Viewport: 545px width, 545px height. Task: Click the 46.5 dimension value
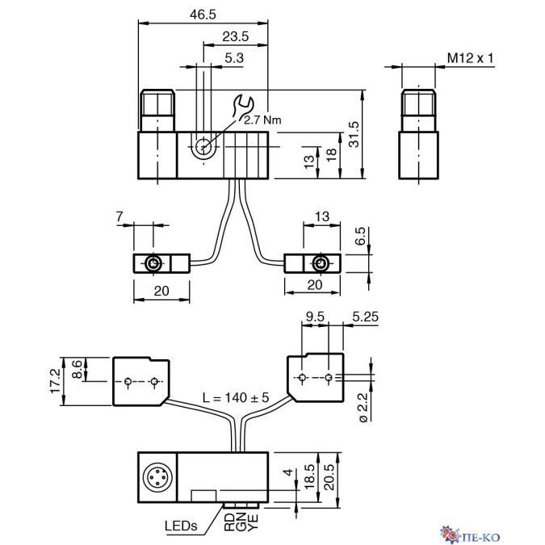pos(203,15)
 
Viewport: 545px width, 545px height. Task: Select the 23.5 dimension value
pos(235,36)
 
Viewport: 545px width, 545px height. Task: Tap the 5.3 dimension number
pos(234,58)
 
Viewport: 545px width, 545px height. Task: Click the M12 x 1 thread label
pos(470,58)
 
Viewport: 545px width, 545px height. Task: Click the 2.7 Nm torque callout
pos(262,120)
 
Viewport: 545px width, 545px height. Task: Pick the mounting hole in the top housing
pos(203,146)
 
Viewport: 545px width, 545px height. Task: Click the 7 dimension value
pos(119,216)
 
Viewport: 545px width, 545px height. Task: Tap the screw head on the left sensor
pos(153,264)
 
